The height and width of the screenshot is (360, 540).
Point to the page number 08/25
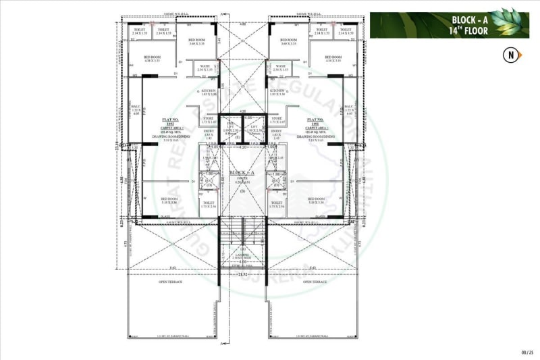[x=527, y=352]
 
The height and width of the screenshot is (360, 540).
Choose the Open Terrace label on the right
[x=314, y=282]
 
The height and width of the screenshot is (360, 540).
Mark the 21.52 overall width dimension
[x=242, y=274]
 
